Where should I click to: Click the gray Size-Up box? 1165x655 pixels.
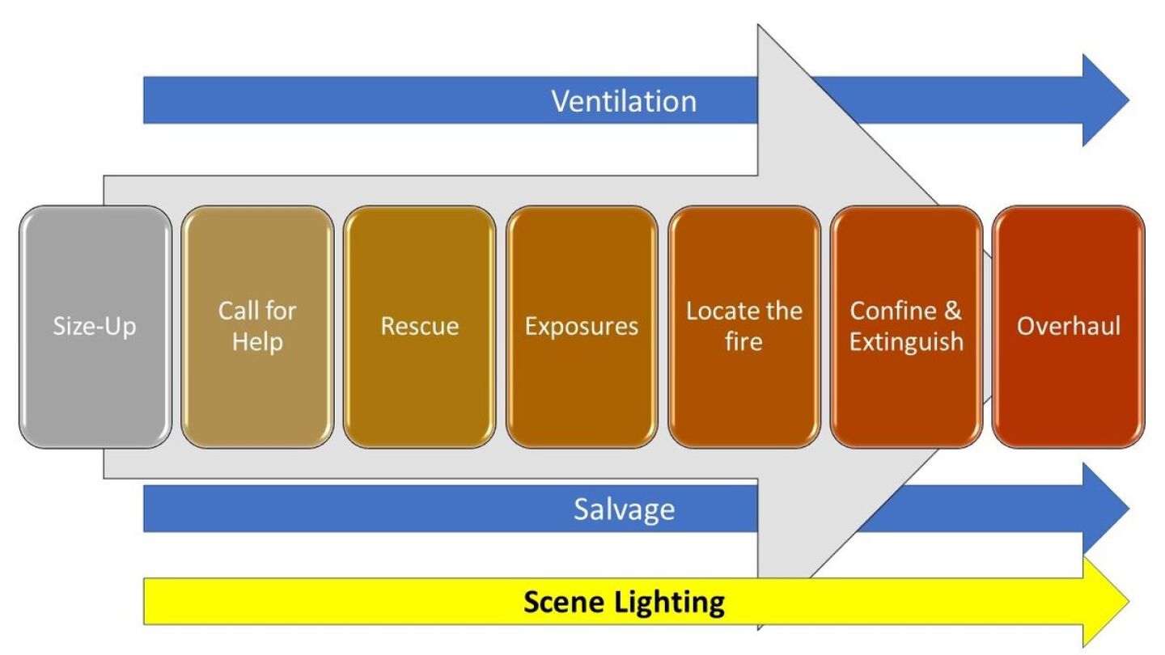[95, 327]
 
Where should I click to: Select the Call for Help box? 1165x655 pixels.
[257, 327]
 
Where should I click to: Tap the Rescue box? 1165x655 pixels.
[419, 327]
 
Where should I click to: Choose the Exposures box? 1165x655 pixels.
[582, 327]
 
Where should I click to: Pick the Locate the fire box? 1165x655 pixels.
[744, 327]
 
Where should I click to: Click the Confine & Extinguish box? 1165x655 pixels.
[906, 327]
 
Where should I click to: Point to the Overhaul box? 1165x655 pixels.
[1069, 327]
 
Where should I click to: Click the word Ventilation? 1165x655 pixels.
[624, 101]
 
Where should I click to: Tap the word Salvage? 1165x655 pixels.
[624, 509]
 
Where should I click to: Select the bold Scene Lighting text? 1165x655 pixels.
[624, 602]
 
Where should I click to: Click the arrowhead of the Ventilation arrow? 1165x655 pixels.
[1107, 100]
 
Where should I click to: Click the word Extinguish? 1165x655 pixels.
[906, 341]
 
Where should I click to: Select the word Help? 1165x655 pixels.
[257, 341]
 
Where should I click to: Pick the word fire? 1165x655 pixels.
[744, 341]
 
